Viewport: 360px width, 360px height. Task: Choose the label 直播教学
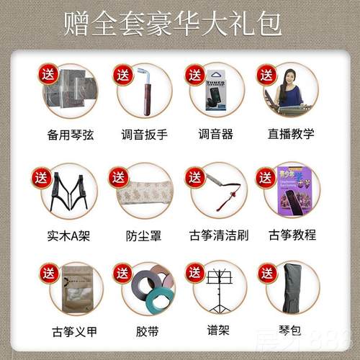click(292, 135)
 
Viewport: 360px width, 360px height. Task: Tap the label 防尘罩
click(143, 234)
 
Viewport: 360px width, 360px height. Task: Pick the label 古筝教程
click(292, 234)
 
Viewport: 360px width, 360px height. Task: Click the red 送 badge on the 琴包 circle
click(266, 273)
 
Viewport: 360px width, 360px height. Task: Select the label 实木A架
click(67, 234)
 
